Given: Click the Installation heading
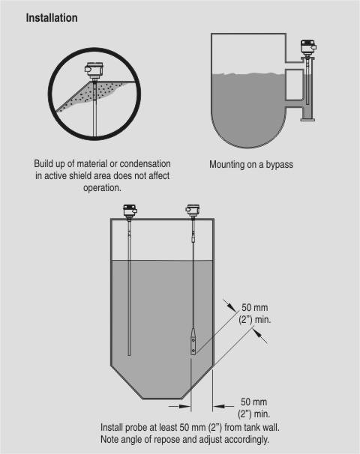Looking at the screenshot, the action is pyautogui.click(x=52, y=18).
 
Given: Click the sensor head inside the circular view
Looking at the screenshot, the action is pyautogui.click(x=92, y=71).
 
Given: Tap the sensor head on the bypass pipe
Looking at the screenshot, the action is pyautogui.click(x=307, y=48).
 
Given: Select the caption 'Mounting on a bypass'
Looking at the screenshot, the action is pyautogui.click(x=251, y=165).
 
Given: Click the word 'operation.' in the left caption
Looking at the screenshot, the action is pyautogui.click(x=102, y=188).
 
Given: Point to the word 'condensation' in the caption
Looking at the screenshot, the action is pyautogui.click(x=145, y=163).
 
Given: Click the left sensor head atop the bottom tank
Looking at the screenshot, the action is pyautogui.click(x=130, y=212).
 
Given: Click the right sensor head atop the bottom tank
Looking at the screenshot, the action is pyautogui.click(x=193, y=211).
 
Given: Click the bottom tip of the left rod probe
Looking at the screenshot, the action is pyautogui.click(x=129, y=355).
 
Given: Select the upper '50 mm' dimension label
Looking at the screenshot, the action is pyautogui.click(x=255, y=307).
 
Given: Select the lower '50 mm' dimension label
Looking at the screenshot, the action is pyautogui.click(x=254, y=402).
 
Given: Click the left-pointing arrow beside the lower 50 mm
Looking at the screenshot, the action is pyautogui.click(x=223, y=407).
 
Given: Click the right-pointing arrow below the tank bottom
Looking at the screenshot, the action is pyautogui.click(x=180, y=407).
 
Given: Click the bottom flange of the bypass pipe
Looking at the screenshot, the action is pyautogui.click(x=307, y=118).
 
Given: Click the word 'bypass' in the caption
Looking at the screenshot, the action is pyautogui.click(x=280, y=165).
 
